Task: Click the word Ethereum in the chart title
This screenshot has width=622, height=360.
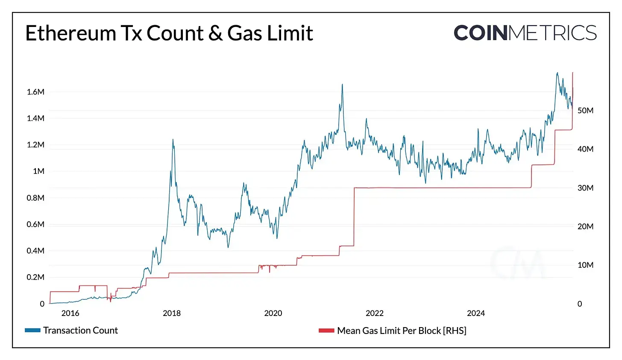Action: pos(70,33)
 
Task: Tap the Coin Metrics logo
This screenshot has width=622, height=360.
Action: pos(525,33)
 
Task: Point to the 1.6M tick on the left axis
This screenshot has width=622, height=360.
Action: pos(35,92)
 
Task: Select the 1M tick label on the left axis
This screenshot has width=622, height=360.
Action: pos(38,171)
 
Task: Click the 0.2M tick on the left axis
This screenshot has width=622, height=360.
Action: pos(35,277)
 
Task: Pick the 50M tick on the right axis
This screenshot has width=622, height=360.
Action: pos(585,111)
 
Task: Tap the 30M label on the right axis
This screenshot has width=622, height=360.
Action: pos(585,188)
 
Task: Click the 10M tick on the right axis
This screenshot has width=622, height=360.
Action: pos(585,265)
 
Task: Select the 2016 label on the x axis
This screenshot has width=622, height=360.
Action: pos(70,313)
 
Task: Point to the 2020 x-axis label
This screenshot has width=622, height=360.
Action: pos(273,313)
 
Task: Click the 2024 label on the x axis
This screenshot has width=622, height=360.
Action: pos(476,313)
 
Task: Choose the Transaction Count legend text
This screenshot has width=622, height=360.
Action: pos(80,331)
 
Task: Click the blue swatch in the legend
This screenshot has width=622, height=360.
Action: pos(32,331)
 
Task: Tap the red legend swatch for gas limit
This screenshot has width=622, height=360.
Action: pos(326,331)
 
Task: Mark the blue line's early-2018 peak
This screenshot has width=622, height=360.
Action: pos(173,140)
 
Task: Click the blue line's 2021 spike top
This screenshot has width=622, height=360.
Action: pos(342,85)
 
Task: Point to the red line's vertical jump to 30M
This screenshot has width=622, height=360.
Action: pos(354,216)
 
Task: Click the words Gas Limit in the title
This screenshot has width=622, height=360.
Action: pos(270,33)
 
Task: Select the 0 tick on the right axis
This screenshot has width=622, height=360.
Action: pos(580,304)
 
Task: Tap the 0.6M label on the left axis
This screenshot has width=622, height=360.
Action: pos(35,224)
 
